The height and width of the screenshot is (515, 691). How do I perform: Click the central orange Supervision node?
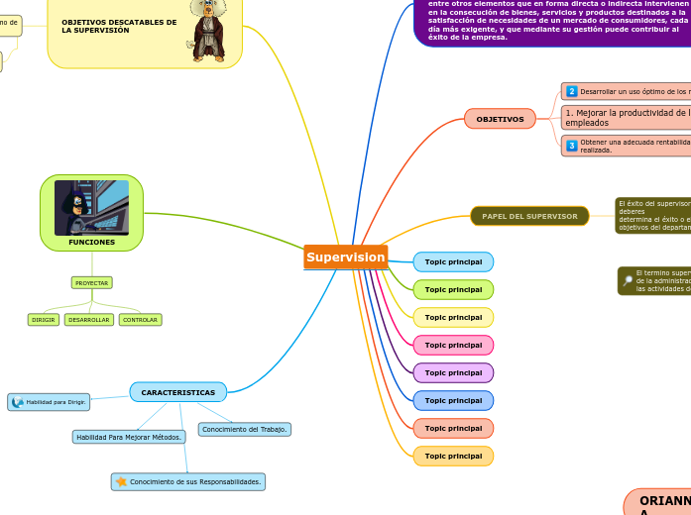tap(345, 257)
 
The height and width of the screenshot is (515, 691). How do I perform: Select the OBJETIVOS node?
tap(500, 119)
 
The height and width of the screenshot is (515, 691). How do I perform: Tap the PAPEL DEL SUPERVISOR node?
tap(529, 216)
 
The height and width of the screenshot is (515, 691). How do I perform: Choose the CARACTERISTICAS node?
tap(178, 392)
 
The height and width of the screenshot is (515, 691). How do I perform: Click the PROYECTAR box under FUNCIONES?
tap(92, 283)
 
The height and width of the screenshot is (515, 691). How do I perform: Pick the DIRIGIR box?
tap(44, 320)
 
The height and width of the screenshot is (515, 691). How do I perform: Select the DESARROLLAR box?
tap(89, 320)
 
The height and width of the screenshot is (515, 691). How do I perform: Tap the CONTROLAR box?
tap(140, 320)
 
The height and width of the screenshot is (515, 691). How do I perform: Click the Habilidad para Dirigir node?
tap(50, 402)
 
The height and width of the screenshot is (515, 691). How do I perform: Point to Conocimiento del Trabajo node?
tap(245, 429)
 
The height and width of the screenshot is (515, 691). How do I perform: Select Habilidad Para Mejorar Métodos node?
tap(129, 437)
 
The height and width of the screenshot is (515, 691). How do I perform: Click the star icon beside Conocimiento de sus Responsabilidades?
tap(121, 482)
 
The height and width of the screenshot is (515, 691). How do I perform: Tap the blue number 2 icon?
tap(572, 91)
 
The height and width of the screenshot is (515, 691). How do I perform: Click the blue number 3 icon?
tap(572, 146)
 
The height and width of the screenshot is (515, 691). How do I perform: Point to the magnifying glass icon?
tap(628, 281)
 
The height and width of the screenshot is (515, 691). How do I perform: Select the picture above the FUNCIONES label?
tap(91, 206)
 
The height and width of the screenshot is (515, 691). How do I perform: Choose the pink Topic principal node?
tap(453, 346)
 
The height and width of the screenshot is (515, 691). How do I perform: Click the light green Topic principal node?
tap(453, 290)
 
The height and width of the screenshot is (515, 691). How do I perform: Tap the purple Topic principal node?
tap(453, 373)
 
